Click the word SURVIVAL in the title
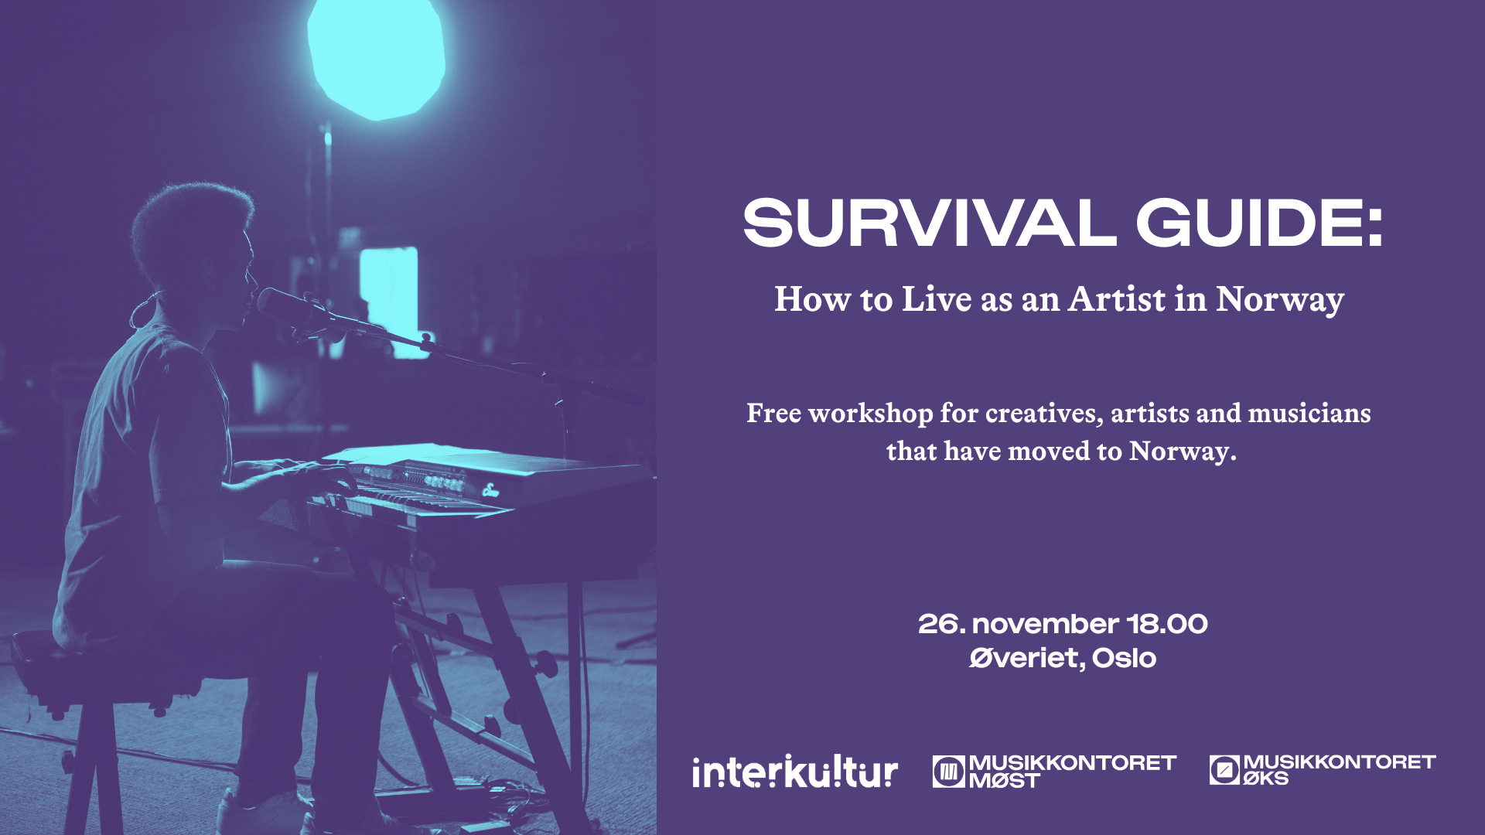(929, 223)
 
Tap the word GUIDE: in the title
(1259, 223)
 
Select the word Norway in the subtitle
(1280, 300)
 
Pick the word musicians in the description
(1309, 413)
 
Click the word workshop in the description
(870, 414)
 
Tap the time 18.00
(1167, 624)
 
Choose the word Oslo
(1124, 658)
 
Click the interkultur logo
(795, 771)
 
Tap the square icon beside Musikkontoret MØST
(948, 772)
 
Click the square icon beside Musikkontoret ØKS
(1224, 770)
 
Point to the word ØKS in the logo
(1265, 779)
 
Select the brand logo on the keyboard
(490, 489)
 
